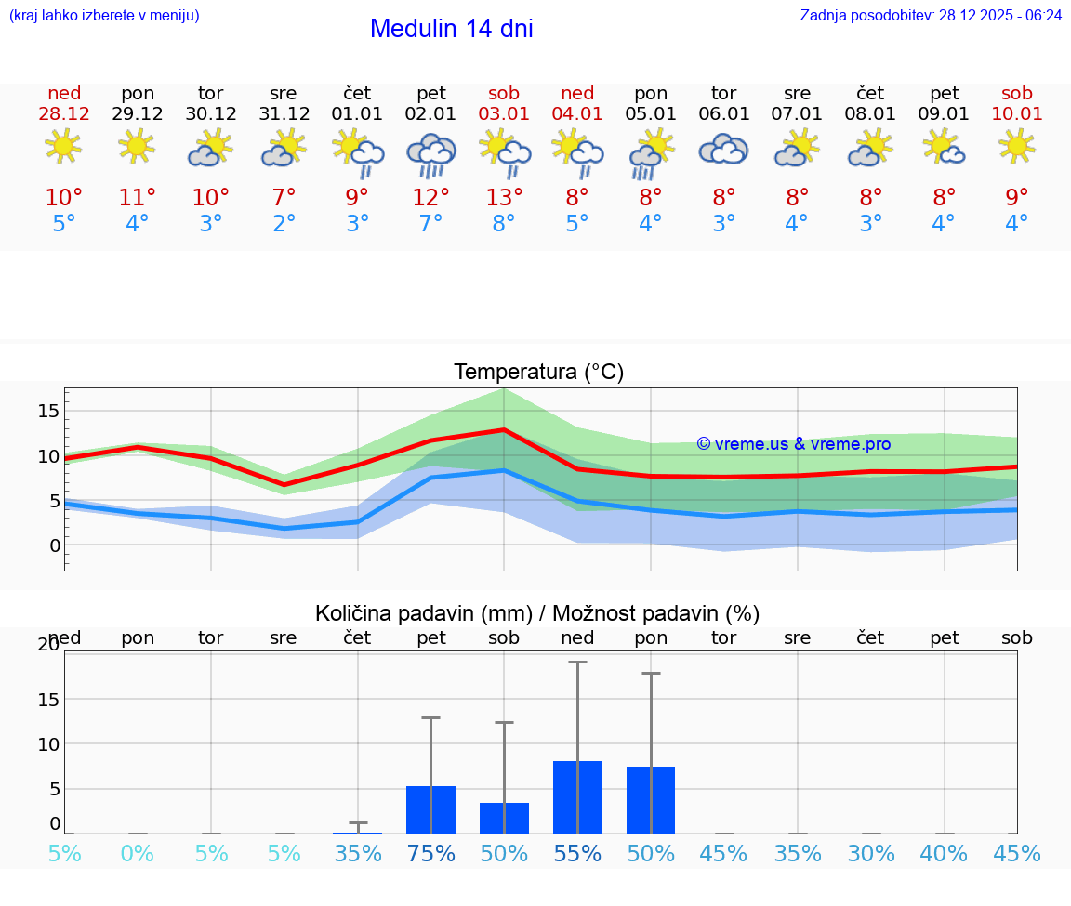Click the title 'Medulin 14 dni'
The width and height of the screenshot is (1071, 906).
click(451, 29)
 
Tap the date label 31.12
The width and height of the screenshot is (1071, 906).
click(284, 114)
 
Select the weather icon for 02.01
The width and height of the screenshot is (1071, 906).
click(430, 152)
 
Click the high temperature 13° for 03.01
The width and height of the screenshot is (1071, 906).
click(504, 198)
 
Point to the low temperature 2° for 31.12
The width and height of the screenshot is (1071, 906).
click(284, 224)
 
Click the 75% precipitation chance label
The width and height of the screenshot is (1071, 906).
click(430, 854)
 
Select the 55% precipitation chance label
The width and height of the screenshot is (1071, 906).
click(577, 854)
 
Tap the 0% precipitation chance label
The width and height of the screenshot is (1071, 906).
click(138, 854)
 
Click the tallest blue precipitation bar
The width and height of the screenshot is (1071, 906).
click(577, 797)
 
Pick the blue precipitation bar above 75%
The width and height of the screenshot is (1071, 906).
click(430, 809)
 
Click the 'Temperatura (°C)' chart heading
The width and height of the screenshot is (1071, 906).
click(538, 373)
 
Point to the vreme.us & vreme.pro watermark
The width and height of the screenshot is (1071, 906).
click(793, 444)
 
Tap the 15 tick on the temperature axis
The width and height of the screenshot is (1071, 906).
click(48, 411)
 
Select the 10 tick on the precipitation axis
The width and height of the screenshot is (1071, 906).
click(48, 744)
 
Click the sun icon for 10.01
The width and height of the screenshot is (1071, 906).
click(1017, 146)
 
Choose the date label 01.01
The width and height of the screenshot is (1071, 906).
click(357, 114)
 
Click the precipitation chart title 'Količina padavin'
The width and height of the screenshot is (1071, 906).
click(537, 613)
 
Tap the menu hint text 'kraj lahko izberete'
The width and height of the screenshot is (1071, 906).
click(104, 16)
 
